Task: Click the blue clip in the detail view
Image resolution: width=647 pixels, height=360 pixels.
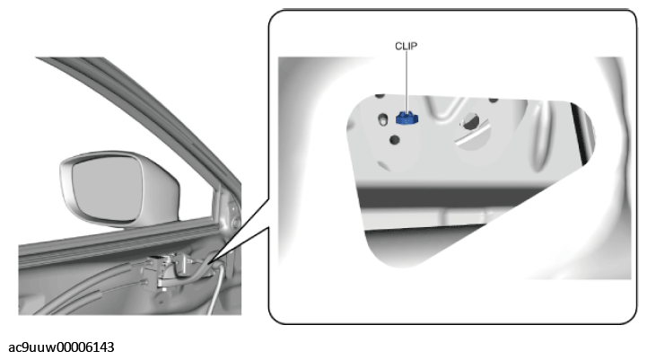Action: (407, 119)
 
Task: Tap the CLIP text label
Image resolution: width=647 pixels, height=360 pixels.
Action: (406, 47)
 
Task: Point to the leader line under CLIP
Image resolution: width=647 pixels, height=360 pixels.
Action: (407, 82)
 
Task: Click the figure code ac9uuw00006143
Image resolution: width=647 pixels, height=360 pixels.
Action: (61, 347)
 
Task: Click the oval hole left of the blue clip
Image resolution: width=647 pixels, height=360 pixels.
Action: (383, 119)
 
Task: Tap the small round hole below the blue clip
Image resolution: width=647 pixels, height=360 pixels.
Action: (395, 140)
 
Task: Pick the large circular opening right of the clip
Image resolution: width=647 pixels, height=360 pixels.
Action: (471, 128)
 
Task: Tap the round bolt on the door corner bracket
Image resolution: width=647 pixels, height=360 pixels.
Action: (236, 224)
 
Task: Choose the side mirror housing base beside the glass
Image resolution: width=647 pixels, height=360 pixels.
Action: (161, 194)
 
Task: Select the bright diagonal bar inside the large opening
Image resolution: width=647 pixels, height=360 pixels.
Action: (471, 132)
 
